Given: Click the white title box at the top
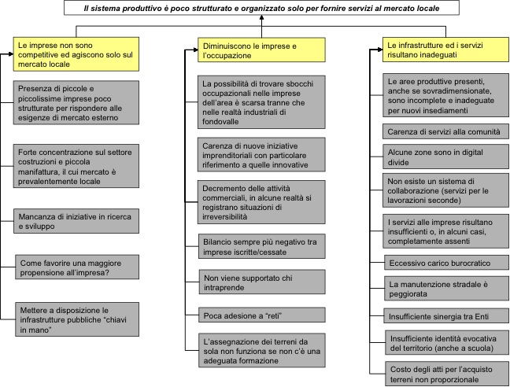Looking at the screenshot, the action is [x=261, y=8].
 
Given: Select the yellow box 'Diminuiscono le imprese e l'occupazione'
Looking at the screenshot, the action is [x=261, y=50].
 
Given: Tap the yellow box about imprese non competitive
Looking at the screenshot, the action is [x=76, y=54].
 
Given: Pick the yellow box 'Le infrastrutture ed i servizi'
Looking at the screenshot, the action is [x=445, y=50].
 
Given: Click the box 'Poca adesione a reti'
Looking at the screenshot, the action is [x=262, y=315].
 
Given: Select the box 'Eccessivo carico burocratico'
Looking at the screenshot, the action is [x=446, y=263].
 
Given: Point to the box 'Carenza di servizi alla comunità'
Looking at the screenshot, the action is [x=445, y=131].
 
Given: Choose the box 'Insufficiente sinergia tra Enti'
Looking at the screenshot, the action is [x=446, y=316].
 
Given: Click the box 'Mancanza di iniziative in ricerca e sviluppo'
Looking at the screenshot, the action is [x=76, y=221].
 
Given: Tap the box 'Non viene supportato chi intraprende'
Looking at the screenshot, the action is [x=262, y=282].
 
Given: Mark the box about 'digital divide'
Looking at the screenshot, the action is [x=445, y=157].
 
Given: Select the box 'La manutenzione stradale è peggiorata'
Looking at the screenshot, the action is [x=446, y=289].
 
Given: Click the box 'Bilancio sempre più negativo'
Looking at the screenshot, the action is [x=262, y=246].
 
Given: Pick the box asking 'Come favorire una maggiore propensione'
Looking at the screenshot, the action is [x=77, y=267].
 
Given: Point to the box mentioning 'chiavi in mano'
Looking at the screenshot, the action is [x=77, y=319].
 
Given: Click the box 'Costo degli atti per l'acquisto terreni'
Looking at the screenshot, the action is [x=447, y=374].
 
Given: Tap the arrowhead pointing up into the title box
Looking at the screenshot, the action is [x=261, y=17].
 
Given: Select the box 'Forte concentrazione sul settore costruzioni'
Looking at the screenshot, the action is [x=76, y=166].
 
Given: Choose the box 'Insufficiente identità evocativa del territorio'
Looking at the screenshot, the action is [x=447, y=343].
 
